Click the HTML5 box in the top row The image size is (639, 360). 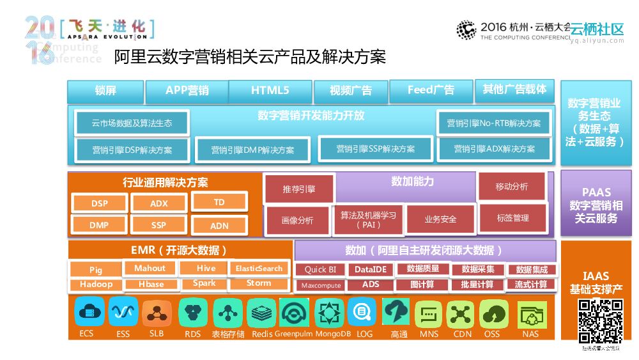(x=270, y=91)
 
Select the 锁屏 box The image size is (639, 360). (x=105, y=91)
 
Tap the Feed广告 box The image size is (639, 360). (x=431, y=90)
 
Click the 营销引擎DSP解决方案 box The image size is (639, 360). (x=132, y=150)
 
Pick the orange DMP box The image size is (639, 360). (x=99, y=225)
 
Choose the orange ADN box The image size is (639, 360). (x=219, y=225)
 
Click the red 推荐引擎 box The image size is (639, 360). (x=299, y=189)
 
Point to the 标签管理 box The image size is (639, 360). (x=512, y=218)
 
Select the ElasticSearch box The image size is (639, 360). (x=259, y=269)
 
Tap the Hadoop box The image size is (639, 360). (x=96, y=285)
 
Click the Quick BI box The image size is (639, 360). (x=320, y=270)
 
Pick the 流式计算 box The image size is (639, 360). (x=531, y=285)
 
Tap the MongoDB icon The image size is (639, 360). (x=332, y=313)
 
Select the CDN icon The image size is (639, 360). (x=462, y=313)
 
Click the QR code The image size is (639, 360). (x=600, y=321)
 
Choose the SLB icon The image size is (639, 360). (x=157, y=313)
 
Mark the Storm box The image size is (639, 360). (x=259, y=283)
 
